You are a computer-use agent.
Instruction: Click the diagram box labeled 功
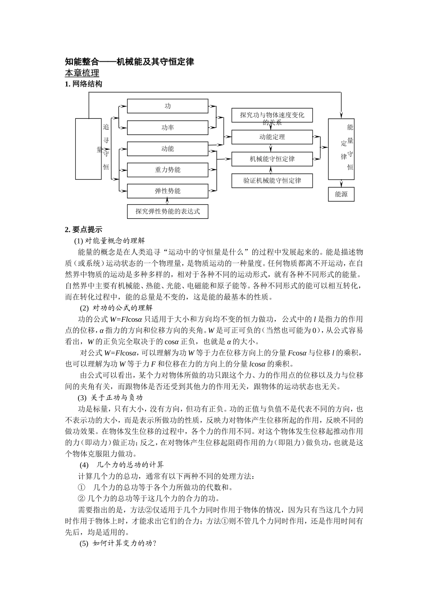167,106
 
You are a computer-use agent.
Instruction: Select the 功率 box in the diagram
167,128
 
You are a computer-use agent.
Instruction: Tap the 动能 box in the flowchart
167,149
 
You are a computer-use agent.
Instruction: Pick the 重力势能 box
167,170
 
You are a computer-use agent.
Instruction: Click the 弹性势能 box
167,191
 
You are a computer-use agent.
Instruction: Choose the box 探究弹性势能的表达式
167,211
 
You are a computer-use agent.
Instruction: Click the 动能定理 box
272,137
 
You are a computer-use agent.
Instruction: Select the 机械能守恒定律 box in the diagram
272,159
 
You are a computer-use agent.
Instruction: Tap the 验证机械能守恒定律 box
272,181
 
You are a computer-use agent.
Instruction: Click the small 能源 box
341,194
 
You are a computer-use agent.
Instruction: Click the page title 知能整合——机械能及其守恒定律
130,62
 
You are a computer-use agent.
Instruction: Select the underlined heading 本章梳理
82,73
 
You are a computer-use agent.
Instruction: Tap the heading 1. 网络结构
84,84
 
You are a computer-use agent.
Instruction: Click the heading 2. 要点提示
84,229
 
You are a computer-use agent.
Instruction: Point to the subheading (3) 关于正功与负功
111,398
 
